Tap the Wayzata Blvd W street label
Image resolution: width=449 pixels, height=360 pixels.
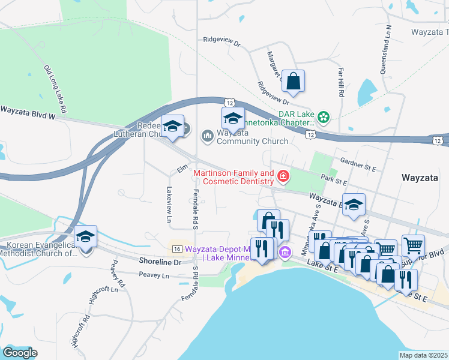27,111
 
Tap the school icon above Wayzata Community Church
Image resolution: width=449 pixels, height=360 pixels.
233,118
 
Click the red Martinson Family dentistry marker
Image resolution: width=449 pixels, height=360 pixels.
282,176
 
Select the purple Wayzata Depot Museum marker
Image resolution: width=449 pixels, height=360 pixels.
285,252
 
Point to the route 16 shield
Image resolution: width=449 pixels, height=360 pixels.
176,249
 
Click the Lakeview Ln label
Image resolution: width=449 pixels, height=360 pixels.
169,205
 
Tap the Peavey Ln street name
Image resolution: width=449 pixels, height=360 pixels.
154,275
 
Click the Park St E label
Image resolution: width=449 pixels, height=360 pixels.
334,179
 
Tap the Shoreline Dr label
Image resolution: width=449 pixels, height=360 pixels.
160,262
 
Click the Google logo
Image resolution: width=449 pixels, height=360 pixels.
20,353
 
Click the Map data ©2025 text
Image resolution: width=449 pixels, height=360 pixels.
423,355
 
